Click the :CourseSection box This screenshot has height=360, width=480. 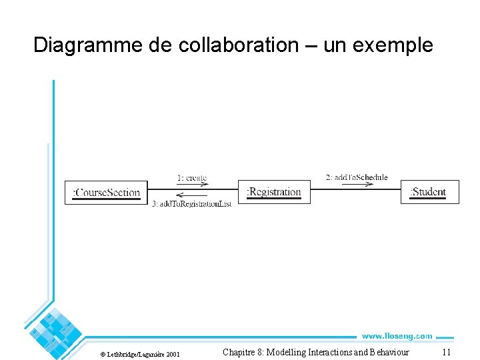107,193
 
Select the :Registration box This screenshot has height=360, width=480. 274,192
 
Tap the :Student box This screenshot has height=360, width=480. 429,192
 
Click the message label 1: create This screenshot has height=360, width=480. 192,178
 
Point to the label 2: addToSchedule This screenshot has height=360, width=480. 357,177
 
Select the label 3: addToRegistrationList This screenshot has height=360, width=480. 192,203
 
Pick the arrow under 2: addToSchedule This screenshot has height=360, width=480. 357,185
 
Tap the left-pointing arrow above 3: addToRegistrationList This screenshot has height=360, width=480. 192,197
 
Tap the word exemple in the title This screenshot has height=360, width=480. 401,45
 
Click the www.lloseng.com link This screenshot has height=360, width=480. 397,336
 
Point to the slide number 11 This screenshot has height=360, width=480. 447,352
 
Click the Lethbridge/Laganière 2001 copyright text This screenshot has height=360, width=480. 144,353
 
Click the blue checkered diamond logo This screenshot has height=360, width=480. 55,329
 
